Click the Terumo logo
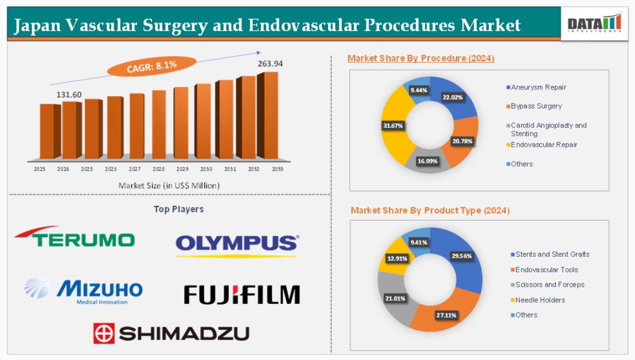coord(75,237)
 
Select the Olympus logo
coord(237,245)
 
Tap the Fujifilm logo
coord(241,295)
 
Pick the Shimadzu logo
coord(172,333)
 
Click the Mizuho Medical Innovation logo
coord(83,291)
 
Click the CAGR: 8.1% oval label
coord(152,66)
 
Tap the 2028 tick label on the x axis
coord(158,169)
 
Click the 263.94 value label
coord(270,64)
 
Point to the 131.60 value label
coord(69,95)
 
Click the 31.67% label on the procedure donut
coord(393,126)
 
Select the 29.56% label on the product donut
coord(462,256)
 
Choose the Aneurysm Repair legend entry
coord(536,87)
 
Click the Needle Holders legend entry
coord(538,300)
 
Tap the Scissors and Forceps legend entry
coord(548,285)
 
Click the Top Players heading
coord(178,209)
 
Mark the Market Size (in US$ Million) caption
coord(169,186)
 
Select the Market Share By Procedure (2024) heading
coord(421,58)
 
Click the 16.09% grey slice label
coord(427,162)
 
